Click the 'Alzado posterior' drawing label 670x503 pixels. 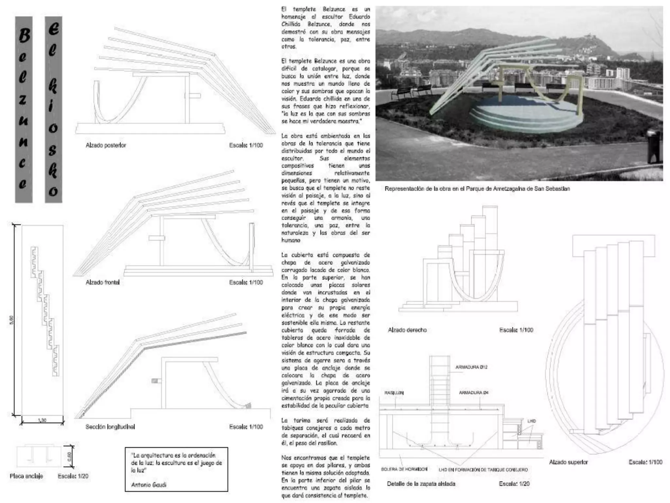[x=106, y=145]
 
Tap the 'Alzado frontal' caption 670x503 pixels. [x=102, y=282]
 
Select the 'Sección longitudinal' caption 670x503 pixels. [x=110, y=427]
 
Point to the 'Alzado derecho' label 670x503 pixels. [x=407, y=330]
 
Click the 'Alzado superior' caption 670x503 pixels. [x=568, y=462]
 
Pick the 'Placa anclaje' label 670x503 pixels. [x=26, y=476]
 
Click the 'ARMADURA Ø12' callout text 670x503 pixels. [x=471, y=367]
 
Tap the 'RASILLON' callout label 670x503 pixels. [x=394, y=393]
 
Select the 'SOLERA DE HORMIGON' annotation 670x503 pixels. [x=404, y=469]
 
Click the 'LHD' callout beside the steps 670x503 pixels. [x=531, y=421]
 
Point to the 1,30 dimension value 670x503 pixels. [x=42, y=420]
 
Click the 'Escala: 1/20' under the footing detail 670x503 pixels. [x=514, y=484]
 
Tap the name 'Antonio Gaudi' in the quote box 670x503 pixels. [x=148, y=484]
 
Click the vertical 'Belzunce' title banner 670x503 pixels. [x=24, y=110]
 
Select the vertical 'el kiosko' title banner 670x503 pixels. [x=53, y=110]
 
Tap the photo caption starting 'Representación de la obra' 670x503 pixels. [x=477, y=189]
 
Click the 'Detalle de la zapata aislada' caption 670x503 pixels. [x=421, y=484]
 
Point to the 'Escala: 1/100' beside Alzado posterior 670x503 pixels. [x=246, y=145]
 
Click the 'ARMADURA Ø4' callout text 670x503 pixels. [x=473, y=392]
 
